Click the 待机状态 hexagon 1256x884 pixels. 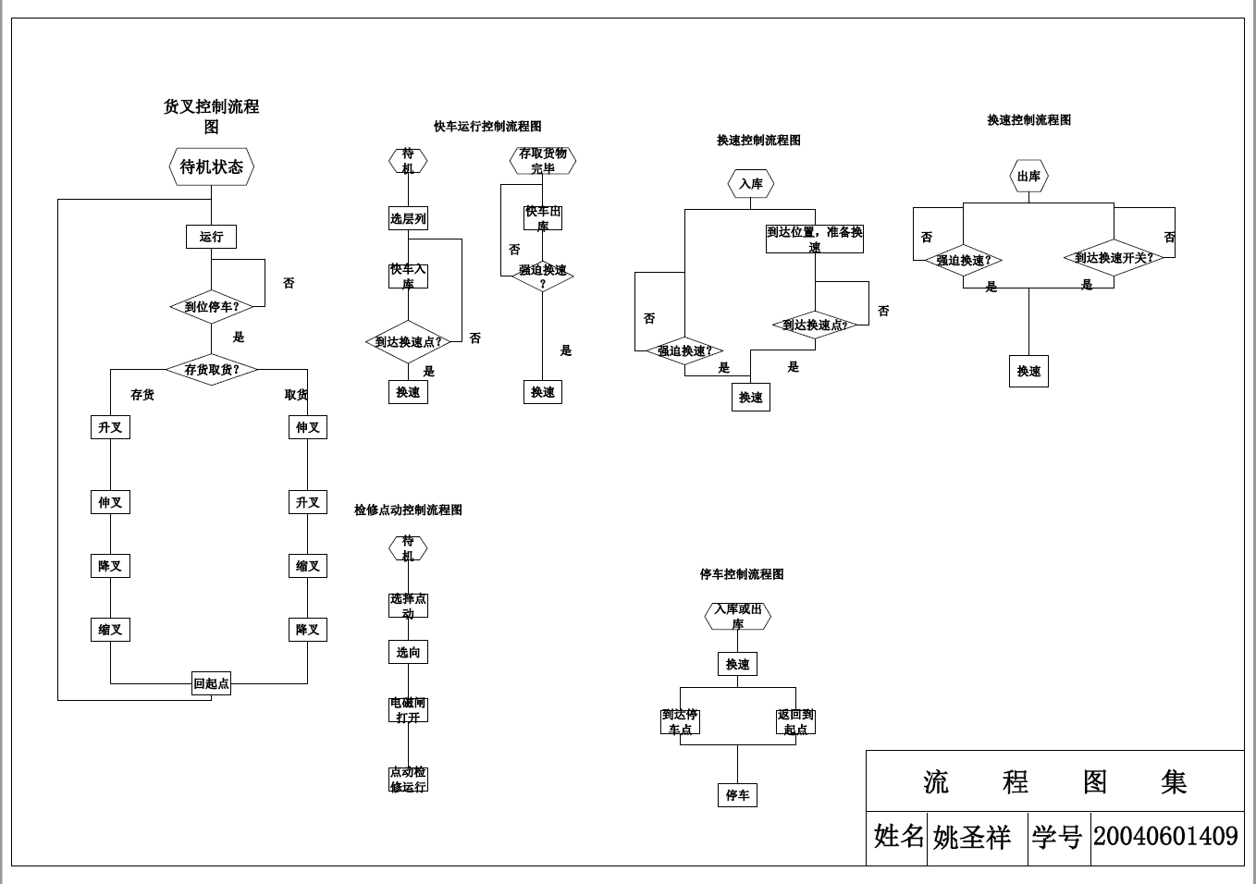tap(211, 167)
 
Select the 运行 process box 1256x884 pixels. tap(211, 237)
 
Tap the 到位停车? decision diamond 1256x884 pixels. tap(211, 307)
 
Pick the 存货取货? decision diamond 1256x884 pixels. tap(211, 370)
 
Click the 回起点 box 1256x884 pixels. tap(211, 684)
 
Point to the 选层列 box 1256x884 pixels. tap(408, 219)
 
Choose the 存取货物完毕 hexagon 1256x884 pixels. tap(543, 161)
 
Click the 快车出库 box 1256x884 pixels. tap(543, 218)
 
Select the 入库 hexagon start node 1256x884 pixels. tap(750, 184)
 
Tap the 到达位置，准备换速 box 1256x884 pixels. tap(814, 239)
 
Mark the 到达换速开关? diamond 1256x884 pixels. tap(1114, 258)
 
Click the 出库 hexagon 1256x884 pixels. tap(1028, 177)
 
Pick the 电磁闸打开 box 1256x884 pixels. tap(408, 710)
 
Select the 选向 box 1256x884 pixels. tap(408, 652)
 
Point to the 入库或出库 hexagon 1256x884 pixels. tap(737, 616)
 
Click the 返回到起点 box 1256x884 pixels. tap(795, 722)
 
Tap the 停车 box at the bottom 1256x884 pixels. tap(737, 795)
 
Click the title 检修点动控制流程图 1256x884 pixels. tap(408, 510)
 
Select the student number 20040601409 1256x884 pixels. tap(1165, 837)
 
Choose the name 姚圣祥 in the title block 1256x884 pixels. tap(971, 838)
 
